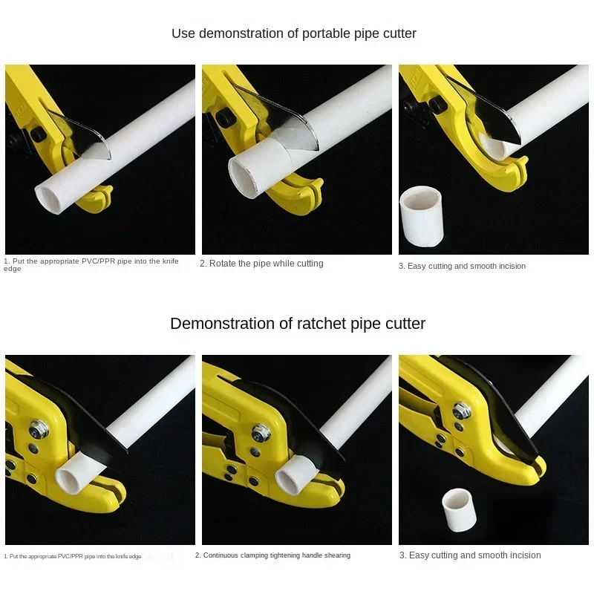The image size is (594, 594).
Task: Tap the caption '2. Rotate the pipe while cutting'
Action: coord(261,264)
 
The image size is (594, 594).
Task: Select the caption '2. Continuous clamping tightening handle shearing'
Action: coord(272,555)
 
